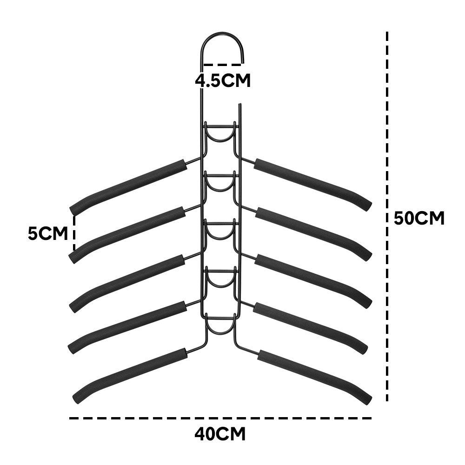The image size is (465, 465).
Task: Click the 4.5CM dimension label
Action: coord(223,80)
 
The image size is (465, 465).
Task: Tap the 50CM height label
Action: coord(419,219)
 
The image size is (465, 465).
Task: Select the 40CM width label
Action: coord(220,434)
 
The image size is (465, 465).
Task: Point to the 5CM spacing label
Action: coord(48,233)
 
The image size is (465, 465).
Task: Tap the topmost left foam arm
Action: coord(128,186)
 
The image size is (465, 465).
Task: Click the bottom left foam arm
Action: coord(130,375)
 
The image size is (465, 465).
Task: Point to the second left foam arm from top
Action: coord(127,234)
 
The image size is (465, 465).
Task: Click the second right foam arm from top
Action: coord(314,233)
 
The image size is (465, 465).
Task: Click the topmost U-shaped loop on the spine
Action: coord(220,139)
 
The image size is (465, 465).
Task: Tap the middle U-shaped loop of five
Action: coord(220,236)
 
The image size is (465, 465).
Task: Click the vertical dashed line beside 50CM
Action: coord(387,216)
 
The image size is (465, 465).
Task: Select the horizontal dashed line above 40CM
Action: coord(220,418)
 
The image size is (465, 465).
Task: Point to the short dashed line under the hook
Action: coord(222,64)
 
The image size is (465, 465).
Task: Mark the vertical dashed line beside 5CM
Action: coord(74,233)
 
